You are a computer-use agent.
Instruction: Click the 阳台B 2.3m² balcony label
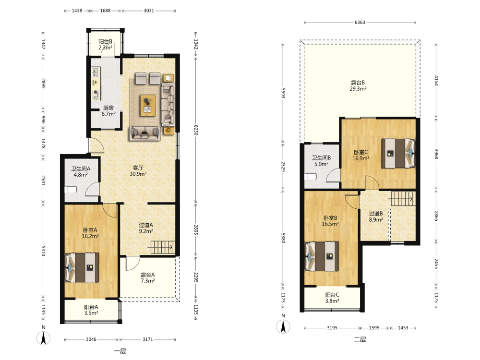pos(105,44)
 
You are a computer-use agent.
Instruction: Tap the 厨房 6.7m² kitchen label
pos(108,111)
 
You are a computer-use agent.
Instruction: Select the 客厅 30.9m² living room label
pos(138,171)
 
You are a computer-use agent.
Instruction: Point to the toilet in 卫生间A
pos(71,190)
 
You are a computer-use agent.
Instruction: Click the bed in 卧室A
pos(82,267)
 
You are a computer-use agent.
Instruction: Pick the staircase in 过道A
pos(162,247)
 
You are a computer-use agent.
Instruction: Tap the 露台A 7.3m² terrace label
pos(147,277)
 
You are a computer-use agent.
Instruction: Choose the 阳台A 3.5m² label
pos(91,310)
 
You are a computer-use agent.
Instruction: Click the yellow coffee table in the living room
pos(148,106)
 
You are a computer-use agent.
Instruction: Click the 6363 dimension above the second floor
pos(360,23)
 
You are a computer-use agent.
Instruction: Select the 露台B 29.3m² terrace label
pos(358,86)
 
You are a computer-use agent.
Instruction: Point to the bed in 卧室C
pos(398,154)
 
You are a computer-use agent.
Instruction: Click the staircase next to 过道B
pos(402,199)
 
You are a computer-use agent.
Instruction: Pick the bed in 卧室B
pos(322,256)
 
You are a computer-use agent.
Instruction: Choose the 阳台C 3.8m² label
pos(332,298)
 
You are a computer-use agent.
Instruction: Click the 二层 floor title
pos(360,339)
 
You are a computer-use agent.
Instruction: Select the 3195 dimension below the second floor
pos(332,328)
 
